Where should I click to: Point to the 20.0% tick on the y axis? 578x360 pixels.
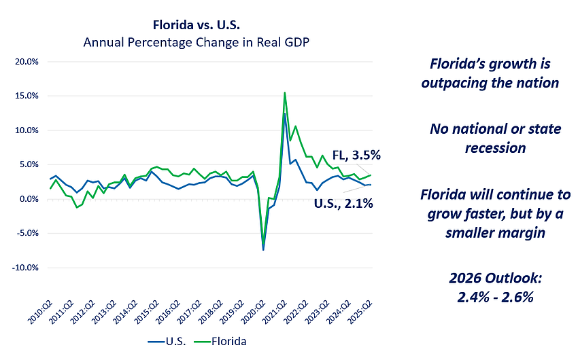(x=27, y=62)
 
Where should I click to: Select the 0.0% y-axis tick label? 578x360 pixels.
(x=29, y=199)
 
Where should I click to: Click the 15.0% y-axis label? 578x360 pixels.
(x=27, y=96)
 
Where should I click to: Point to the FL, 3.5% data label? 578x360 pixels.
(x=356, y=154)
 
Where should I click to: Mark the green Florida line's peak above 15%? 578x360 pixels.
(x=284, y=92)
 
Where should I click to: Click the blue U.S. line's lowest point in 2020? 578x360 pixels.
(x=262, y=250)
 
